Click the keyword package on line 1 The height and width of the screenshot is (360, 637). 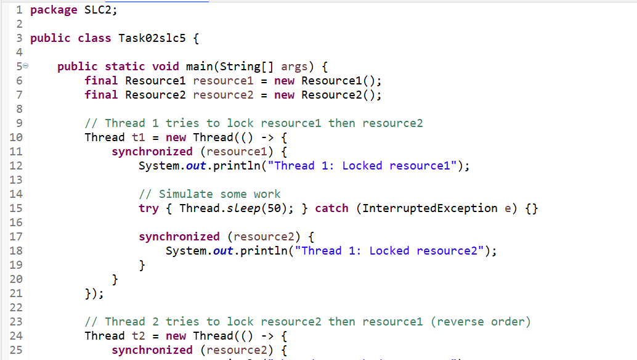tap(54, 10)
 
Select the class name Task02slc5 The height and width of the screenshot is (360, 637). tap(152, 38)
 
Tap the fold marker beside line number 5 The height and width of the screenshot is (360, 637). tap(26, 65)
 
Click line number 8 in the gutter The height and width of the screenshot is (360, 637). tap(19, 109)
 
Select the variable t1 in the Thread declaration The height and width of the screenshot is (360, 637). tap(139, 137)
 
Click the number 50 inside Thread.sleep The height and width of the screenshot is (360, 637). tap(274, 208)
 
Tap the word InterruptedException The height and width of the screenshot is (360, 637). tap(430, 209)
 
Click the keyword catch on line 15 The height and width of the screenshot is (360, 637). tap(331, 208)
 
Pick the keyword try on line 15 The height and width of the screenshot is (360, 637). tap(148, 209)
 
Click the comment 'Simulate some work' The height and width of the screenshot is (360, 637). tap(220, 194)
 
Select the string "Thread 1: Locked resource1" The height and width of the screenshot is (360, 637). tap(362, 166)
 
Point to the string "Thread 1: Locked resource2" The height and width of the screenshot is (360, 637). tap(389, 251)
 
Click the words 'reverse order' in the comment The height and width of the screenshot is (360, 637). tap(481, 322)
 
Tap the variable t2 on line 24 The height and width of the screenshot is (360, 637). tap(139, 336)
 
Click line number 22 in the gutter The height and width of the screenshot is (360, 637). tap(16, 308)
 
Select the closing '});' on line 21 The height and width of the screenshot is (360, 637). tap(94, 294)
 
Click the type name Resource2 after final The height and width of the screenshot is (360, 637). tap(155, 95)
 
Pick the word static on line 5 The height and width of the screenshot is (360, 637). tap(124, 66)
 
